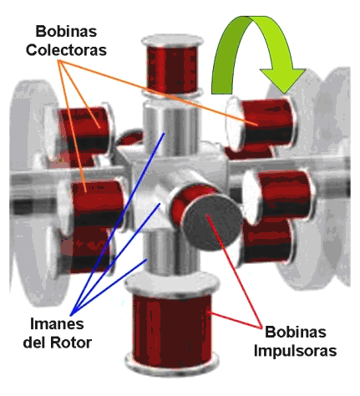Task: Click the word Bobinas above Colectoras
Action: click(x=66, y=31)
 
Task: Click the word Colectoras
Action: click(x=66, y=50)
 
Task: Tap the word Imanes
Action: click(x=57, y=323)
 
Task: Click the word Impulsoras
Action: click(x=295, y=351)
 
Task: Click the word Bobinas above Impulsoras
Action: click(x=295, y=332)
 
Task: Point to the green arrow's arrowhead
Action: click(x=282, y=80)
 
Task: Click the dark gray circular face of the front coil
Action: click(x=212, y=222)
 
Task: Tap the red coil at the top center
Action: click(x=172, y=68)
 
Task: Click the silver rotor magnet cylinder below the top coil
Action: click(x=170, y=129)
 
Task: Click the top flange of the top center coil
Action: click(x=172, y=41)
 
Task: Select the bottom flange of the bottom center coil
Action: click(x=172, y=366)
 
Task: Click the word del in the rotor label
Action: click(x=35, y=343)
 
